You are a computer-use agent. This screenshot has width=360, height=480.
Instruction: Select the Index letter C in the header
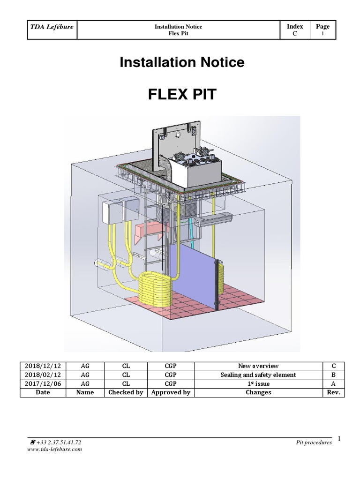294,34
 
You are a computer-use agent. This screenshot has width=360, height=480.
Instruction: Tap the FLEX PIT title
182,94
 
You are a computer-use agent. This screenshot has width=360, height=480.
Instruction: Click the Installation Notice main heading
182,62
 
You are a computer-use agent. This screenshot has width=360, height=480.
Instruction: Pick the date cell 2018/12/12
43,366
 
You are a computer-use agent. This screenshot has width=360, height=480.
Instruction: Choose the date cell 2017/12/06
43,383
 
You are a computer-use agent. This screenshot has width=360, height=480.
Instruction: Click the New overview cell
258,366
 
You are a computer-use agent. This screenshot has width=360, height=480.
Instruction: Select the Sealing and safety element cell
258,375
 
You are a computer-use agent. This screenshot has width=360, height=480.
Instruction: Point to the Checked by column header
126,392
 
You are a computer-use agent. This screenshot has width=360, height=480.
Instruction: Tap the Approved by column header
171,392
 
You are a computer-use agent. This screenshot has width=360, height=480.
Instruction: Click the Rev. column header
334,392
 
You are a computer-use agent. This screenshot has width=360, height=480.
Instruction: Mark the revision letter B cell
334,375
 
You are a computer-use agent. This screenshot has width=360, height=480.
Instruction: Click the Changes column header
258,392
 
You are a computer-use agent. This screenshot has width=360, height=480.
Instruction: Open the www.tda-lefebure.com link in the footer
56,449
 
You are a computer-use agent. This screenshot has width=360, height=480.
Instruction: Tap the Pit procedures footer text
314,442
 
